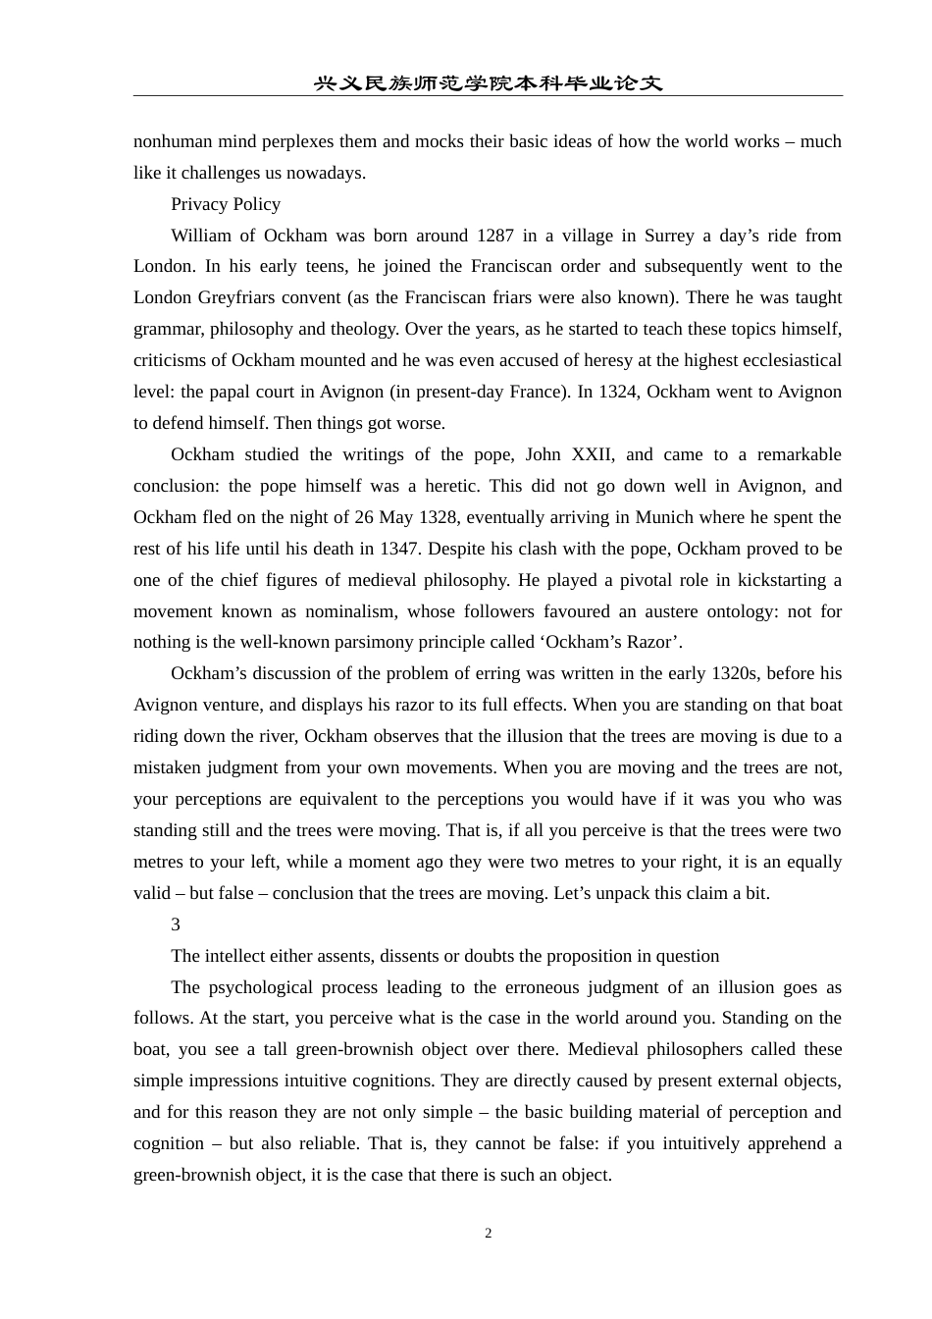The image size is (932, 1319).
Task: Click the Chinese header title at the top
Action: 488,83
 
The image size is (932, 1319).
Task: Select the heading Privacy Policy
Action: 226,204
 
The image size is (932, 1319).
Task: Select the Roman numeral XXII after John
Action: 593,454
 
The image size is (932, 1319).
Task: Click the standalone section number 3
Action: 176,924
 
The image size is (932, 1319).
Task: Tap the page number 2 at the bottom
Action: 488,1234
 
